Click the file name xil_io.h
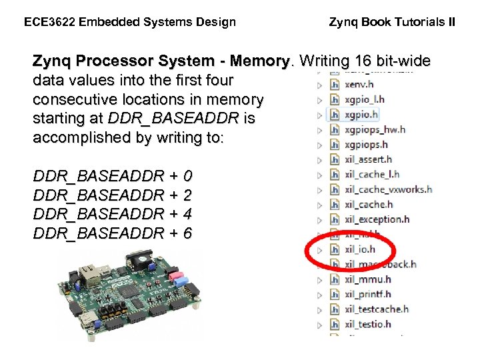(360, 249)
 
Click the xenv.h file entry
(359, 85)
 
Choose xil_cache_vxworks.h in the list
(388, 189)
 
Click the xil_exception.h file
(377, 219)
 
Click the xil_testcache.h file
(377, 309)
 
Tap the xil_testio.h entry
(368, 324)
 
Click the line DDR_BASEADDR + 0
(113, 177)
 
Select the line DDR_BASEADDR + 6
(113, 233)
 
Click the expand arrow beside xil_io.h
(319, 250)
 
